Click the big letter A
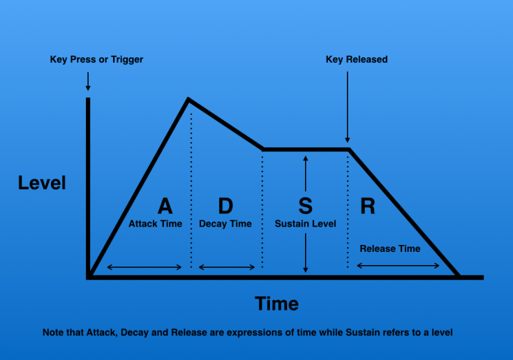pos(165,206)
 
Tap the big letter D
pos(225,206)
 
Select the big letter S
pos(305,206)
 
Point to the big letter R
pos(368,206)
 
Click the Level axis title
pos(42,183)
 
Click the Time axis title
pos(277,303)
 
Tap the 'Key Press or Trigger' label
pos(96,59)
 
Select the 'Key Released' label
pos(357,59)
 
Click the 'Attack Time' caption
pos(156,224)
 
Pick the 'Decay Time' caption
pos(225,224)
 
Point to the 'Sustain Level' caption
pos(306,224)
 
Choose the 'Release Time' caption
pos(390,248)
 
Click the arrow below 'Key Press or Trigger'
pos(88,81)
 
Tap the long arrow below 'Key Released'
pos(348,107)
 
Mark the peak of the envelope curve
pos(188,98)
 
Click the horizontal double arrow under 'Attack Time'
pos(144,267)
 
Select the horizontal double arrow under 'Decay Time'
pos(227,267)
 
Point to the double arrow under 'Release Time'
pos(398,266)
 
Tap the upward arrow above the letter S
pos(306,174)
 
